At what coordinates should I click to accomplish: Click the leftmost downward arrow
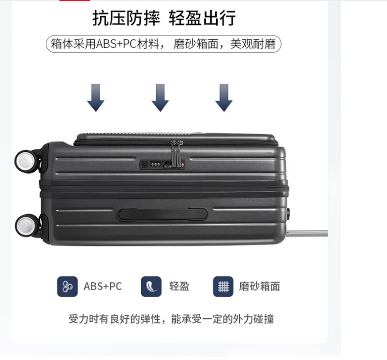click(x=95, y=98)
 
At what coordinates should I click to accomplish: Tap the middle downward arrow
click(x=160, y=98)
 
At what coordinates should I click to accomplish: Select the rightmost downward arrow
click(x=224, y=98)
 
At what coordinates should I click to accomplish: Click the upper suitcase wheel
click(x=27, y=162)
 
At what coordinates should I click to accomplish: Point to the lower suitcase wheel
click(x=27, y=226)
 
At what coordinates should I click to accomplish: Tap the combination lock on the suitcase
click(x=162, y=165)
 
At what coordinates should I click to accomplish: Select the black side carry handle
click(x=163, y=214)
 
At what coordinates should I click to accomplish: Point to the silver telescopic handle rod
click(x=307, y=233)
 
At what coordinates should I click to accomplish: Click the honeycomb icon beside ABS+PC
click(x=67, y=286)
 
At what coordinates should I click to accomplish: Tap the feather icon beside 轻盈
click(x=151, y=286)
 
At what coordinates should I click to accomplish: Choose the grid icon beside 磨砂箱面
click(x=223, y=286)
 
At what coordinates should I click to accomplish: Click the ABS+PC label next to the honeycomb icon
click(x=103, y=286)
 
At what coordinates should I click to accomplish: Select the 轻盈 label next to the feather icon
click(x=179, y=286)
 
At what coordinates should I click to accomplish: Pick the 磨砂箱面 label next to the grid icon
click(x=259, y=286)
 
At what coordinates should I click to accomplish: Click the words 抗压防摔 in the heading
click(x=126, y=18)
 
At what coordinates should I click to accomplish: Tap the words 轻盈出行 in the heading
click(x=202, y=18)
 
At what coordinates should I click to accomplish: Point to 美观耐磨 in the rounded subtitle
click(x=253, y=44)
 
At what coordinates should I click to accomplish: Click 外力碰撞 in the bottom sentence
click(x=253, y=319)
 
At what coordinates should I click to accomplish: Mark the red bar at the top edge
click(x=74, y=0)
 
